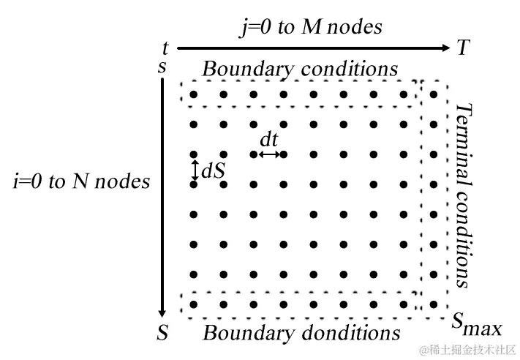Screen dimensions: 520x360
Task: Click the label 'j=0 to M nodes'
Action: pos(312,28)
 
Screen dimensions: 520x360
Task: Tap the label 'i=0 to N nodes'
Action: pos(81,181)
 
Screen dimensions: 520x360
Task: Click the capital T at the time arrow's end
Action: pos(463,48)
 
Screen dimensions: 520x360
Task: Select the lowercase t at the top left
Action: pos(165,49)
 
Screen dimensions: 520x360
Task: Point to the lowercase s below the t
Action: pos(162,67)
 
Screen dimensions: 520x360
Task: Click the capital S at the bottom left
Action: pos(162,334)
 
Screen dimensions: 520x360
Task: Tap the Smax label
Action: pos(475,323)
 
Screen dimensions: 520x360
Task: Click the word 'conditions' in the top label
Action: pos(350,69)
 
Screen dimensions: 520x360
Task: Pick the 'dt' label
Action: pos(269,139)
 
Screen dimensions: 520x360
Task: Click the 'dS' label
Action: pos(213,170)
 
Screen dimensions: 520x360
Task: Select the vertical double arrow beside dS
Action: pos(195,170)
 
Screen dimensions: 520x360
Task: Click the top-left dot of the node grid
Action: pos(194,94)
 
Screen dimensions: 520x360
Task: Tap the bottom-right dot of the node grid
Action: pos(434,304)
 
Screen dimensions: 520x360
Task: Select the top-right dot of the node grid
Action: pos(434,94)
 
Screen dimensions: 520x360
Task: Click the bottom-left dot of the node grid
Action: pos(194,304)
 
